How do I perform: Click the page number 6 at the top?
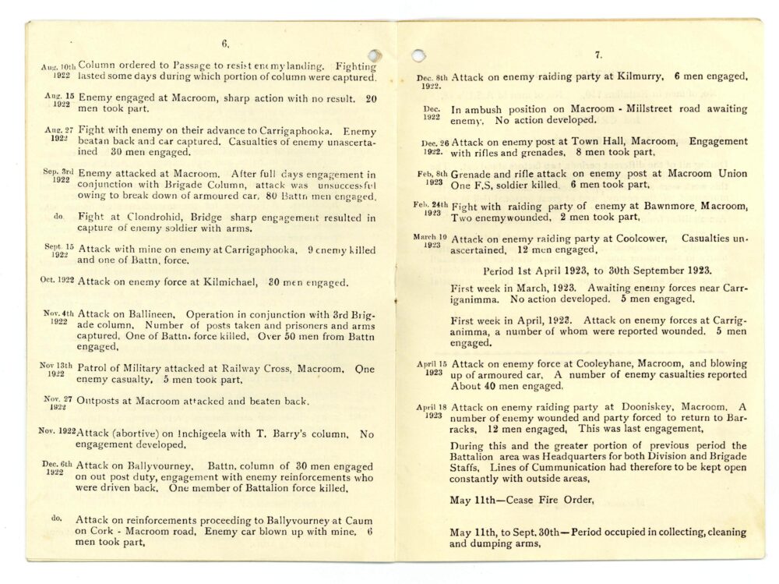[x=225, y=44]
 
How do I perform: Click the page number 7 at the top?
[x=597, y=55]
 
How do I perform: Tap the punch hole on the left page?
[x=375, y=56]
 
